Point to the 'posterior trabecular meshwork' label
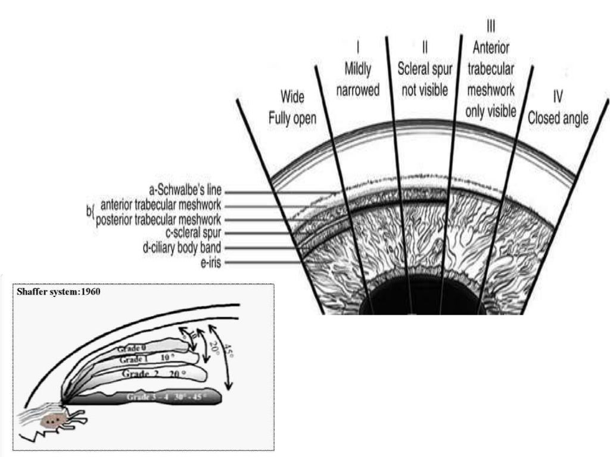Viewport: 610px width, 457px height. (159, 220)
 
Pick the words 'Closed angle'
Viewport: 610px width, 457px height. (558, 118)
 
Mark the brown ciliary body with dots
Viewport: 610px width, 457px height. (52, 421)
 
